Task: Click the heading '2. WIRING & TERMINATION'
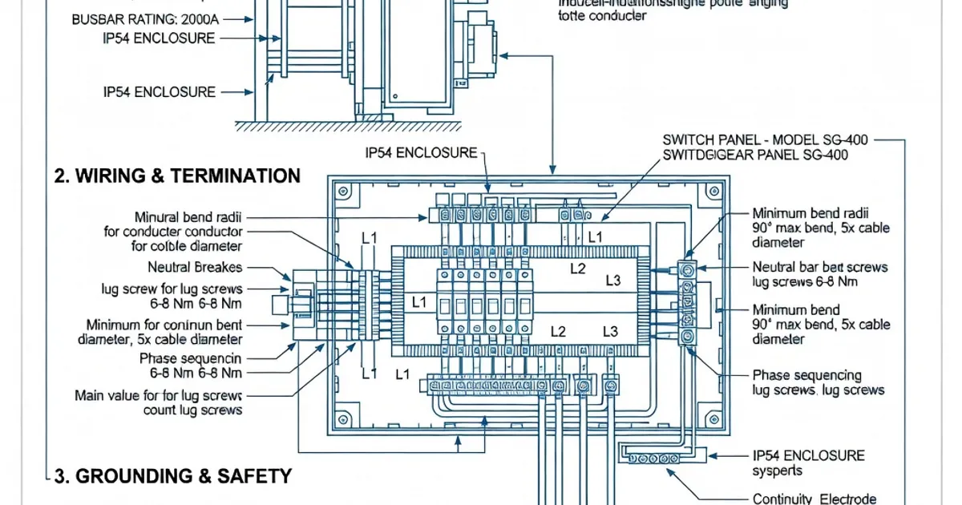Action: coord(176,176)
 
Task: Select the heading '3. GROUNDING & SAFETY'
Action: coord(172,476)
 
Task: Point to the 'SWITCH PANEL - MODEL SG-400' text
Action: coord(766,139)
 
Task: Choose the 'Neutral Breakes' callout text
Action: coord(195,267)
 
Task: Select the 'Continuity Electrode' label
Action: coord(814,499)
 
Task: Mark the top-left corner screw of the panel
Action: coord(344,191)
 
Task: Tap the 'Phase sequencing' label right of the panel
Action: coord(807,374)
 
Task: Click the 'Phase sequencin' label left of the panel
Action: coord(190,358)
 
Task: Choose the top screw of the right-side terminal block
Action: coord(687,269)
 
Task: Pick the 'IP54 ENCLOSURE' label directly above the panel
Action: coord(421,152)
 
